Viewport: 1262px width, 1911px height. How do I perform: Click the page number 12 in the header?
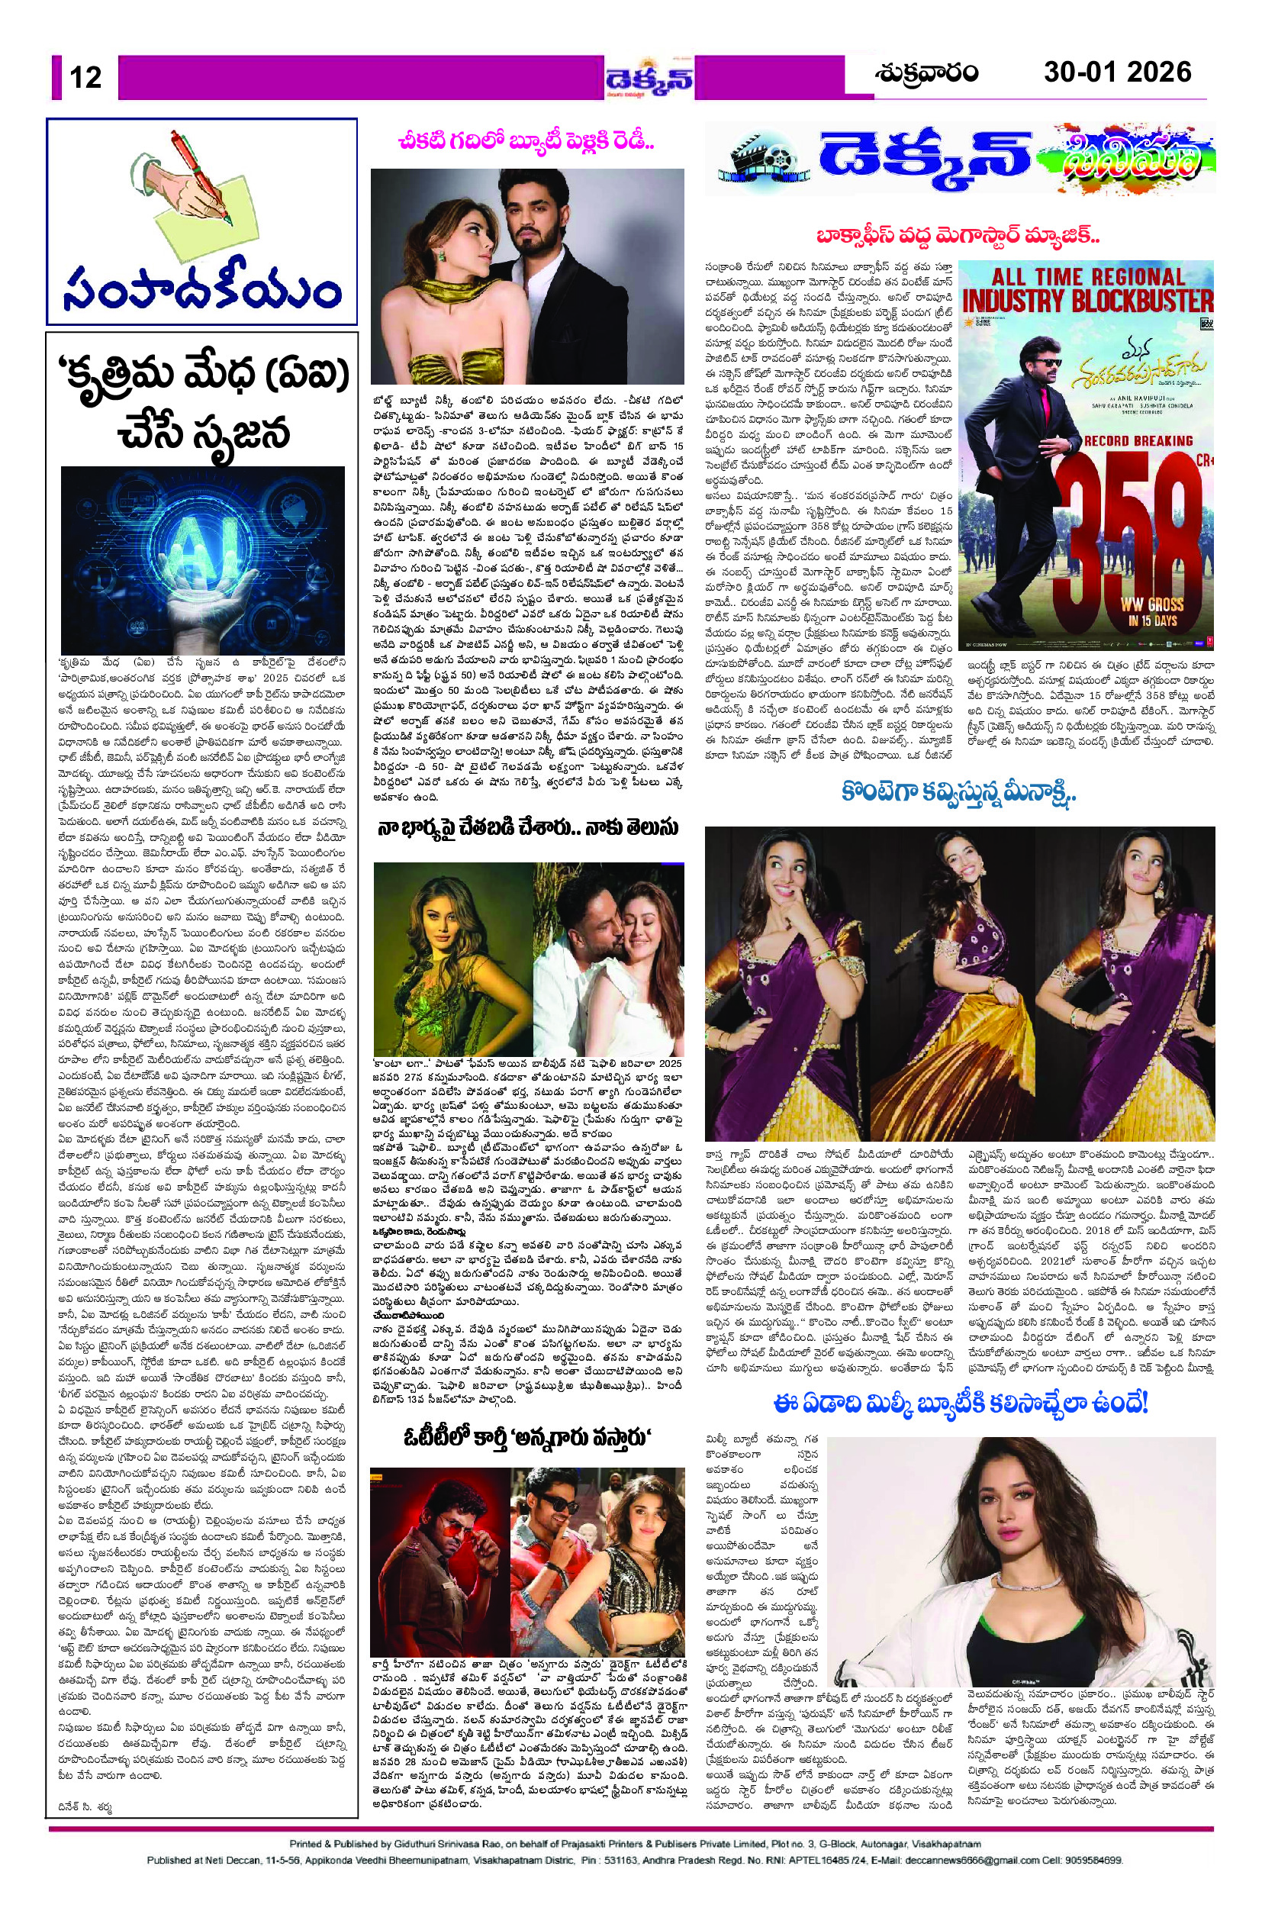tap(85, 77)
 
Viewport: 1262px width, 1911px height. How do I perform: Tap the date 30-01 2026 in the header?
tap(1117, 73)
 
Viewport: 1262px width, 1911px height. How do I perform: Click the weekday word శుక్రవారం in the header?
tap(926, 73)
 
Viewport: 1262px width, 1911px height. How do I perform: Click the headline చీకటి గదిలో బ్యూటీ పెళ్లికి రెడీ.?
tap(528, 143)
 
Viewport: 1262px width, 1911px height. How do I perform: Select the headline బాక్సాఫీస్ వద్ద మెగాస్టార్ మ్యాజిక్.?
tap(958, 237)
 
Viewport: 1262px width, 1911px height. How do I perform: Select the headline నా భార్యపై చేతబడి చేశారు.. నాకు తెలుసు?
tap(528, 828)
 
